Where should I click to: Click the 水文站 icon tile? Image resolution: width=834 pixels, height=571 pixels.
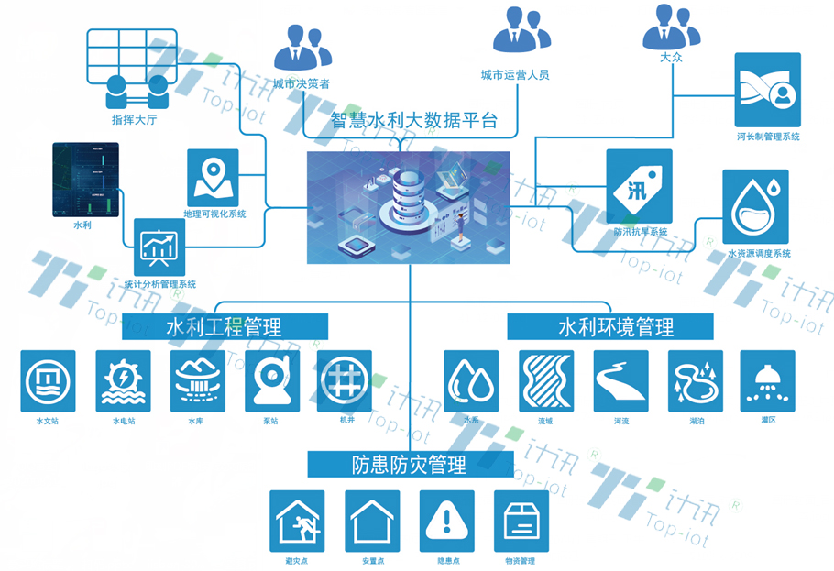[48, 380]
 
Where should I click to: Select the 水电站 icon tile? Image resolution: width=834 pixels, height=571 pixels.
[123, 380]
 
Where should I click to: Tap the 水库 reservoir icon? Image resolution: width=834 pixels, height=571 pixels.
[197, 380]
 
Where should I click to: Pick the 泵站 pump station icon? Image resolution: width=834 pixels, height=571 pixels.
[272, 380]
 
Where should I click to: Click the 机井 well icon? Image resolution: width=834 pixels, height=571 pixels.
[345, 380]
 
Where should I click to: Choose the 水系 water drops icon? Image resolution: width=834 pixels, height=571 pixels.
[471, 380]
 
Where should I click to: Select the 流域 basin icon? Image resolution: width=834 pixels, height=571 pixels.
[546, 380]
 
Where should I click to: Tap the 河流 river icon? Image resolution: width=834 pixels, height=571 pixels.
[620, 380]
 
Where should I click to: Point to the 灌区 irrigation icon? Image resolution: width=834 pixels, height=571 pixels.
[767, 380]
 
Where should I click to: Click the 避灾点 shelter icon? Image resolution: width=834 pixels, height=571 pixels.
[297, 521]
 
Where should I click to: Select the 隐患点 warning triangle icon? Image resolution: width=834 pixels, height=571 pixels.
[446, 521]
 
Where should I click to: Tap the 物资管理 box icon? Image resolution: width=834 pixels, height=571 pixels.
[521, 521]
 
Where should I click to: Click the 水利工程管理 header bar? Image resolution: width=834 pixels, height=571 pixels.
[224, 326]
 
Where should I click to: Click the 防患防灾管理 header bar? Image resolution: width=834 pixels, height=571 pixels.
[409, 465]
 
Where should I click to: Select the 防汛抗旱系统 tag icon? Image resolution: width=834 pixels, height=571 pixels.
[639, 186]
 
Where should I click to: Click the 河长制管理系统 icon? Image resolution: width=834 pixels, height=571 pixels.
[767, 90]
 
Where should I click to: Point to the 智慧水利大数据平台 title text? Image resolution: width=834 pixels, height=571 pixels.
[413, 119]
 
